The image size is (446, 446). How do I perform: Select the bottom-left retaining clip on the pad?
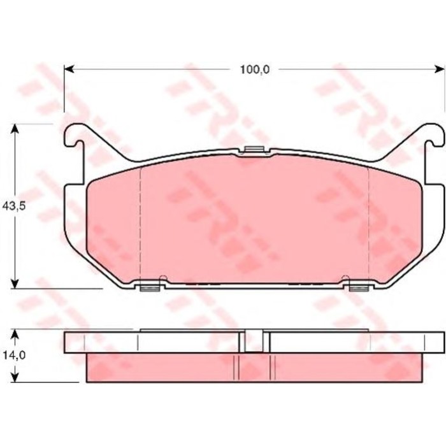[x=149, y=287]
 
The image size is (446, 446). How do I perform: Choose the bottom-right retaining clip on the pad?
[x=360, y=287]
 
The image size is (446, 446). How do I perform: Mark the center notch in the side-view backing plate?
[x=255, y=341]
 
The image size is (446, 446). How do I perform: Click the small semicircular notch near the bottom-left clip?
[x=162, y=278]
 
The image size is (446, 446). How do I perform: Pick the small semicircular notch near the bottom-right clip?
[x=346, y=278]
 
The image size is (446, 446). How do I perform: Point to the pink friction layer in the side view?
[x=159, y=368]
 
